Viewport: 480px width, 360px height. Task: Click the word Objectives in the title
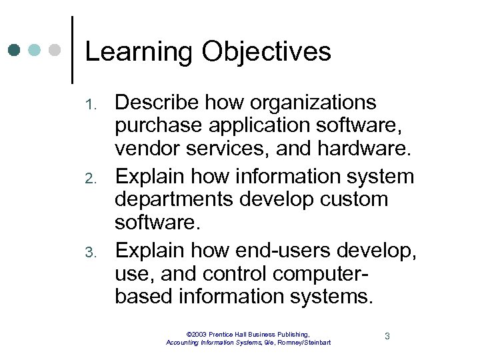266,52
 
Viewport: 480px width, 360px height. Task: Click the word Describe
157,103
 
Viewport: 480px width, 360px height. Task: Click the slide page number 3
387,336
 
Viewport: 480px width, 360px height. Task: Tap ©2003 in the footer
198,333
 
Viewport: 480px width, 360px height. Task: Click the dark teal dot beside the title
15,50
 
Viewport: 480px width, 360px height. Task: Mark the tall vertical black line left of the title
72,49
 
